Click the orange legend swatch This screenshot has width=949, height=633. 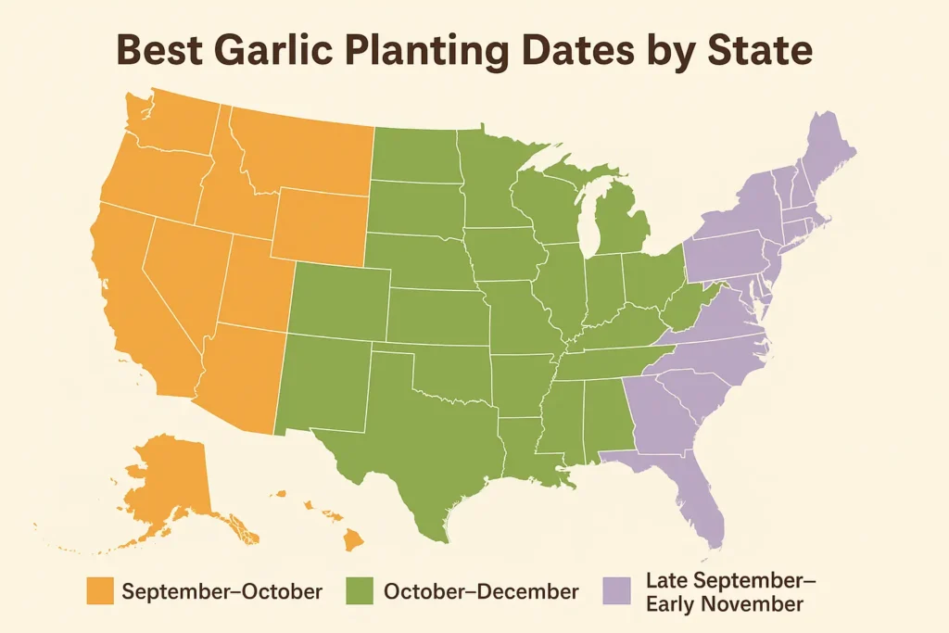tap(99, 591)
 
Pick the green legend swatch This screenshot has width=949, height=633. tap(360, 591)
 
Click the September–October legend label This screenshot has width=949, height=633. tap(222, 591)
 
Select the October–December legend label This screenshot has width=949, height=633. tap(479, 591)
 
